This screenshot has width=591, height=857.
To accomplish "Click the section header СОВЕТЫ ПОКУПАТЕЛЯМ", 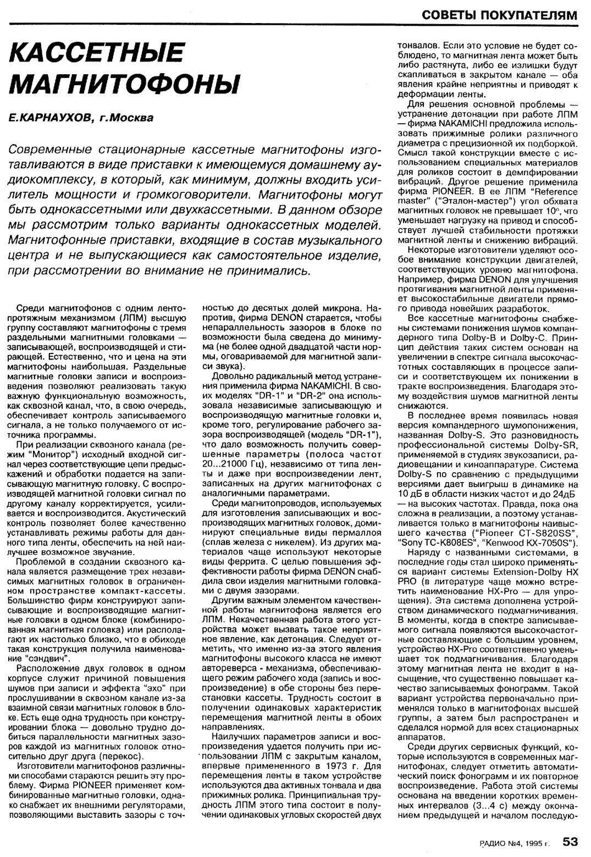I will click(500, 15).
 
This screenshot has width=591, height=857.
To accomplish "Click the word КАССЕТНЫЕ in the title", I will click(96, 54).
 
